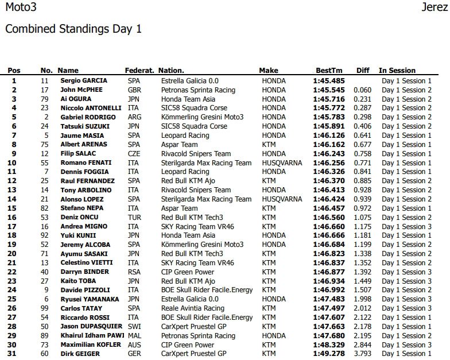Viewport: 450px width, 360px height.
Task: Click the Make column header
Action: tap(269, 71)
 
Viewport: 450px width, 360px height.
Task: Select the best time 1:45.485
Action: tap(329, 81)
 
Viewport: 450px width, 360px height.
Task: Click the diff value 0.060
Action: tap(362, 90)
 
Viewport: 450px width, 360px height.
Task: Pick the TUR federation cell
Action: tap(134, 218)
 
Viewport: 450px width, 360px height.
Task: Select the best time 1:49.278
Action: tap(329, 354)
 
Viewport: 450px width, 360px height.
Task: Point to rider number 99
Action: tap(44, 308)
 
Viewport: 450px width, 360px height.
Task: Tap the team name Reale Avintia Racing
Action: tap(193, 308)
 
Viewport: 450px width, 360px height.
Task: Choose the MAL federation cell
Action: tap(134, 336)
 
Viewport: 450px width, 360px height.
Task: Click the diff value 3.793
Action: tap(362, 354)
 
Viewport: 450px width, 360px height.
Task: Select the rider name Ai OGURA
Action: tap(76, 99)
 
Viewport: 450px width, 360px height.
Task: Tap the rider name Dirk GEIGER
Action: tap(79, 354)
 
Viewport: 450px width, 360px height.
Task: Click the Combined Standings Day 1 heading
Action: tap(73, 29)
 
